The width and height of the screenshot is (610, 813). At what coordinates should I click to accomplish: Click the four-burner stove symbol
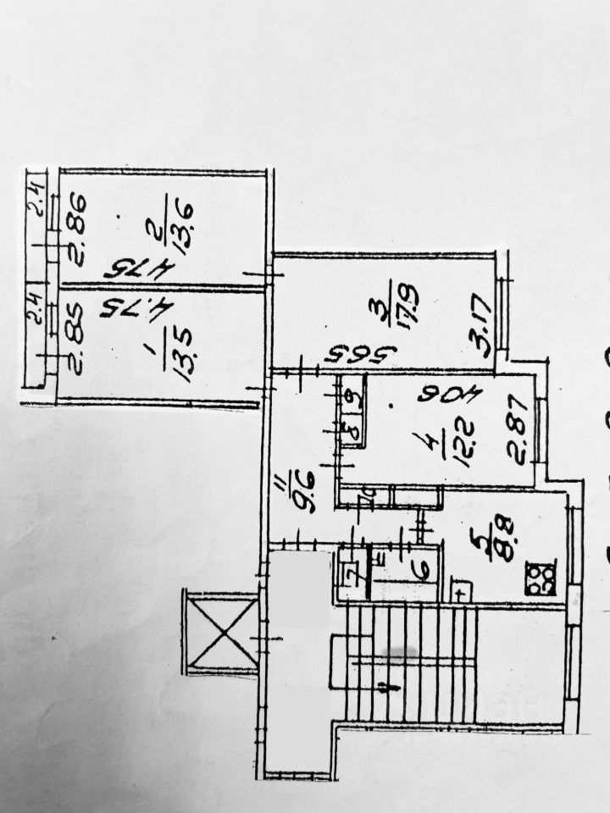coord(540,578)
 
